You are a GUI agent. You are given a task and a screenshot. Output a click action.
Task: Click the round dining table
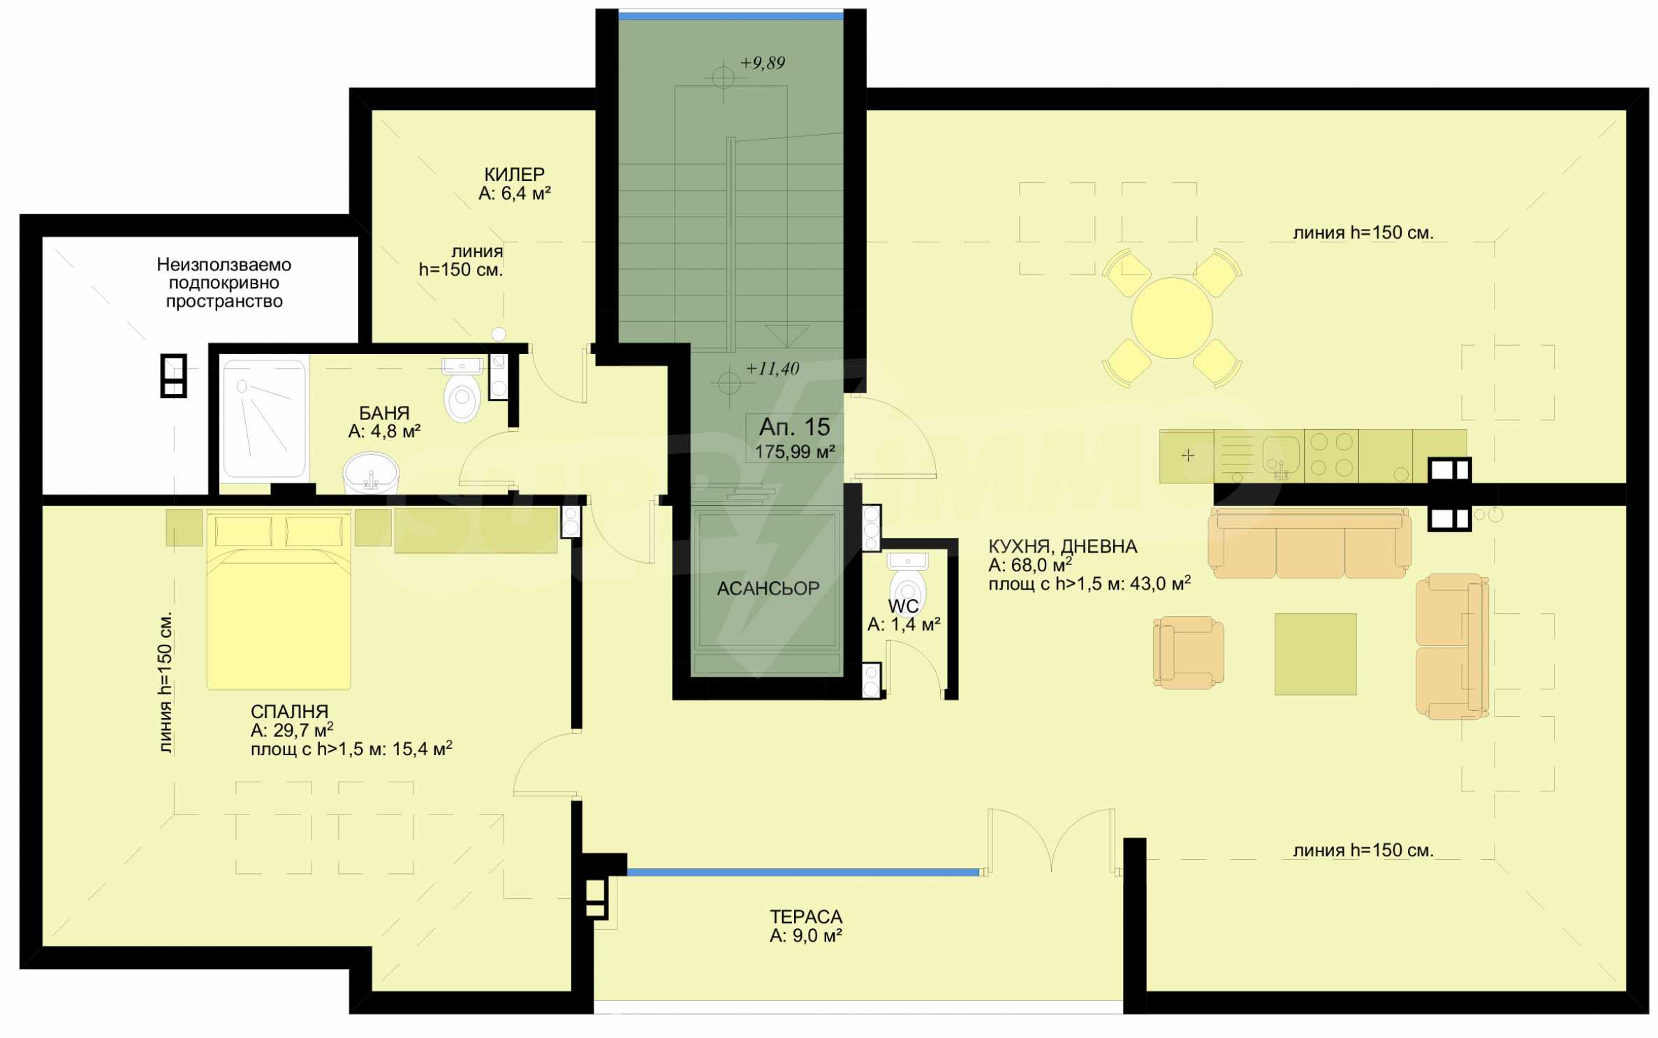click(1171, 318)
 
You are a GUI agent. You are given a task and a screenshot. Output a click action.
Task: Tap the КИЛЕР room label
click(514, 174)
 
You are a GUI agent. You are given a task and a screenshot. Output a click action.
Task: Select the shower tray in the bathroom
click(264, 418)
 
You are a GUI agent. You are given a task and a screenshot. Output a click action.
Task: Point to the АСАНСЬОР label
click(768, 588)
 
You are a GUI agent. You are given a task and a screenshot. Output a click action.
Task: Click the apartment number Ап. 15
click(794, 427)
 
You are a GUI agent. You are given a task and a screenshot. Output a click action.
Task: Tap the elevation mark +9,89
click(763, 63)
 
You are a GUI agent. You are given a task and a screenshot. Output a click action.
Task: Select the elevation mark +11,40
click(772, 368)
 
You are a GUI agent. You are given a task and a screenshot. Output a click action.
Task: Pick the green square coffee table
click(1315, 654)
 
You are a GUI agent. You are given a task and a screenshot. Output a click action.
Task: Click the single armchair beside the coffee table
click(1188, 652)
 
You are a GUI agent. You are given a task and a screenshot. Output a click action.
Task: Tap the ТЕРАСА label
click(806, 916)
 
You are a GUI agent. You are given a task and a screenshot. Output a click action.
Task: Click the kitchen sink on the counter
click(1280, 455)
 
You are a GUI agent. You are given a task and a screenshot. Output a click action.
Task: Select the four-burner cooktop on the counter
click(1330, 455)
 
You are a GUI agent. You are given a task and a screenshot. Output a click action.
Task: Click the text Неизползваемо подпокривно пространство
click(224, 283)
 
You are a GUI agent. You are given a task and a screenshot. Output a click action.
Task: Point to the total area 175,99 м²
click(795, 451)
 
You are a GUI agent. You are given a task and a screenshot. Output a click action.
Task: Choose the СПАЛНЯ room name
click(289, 711)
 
